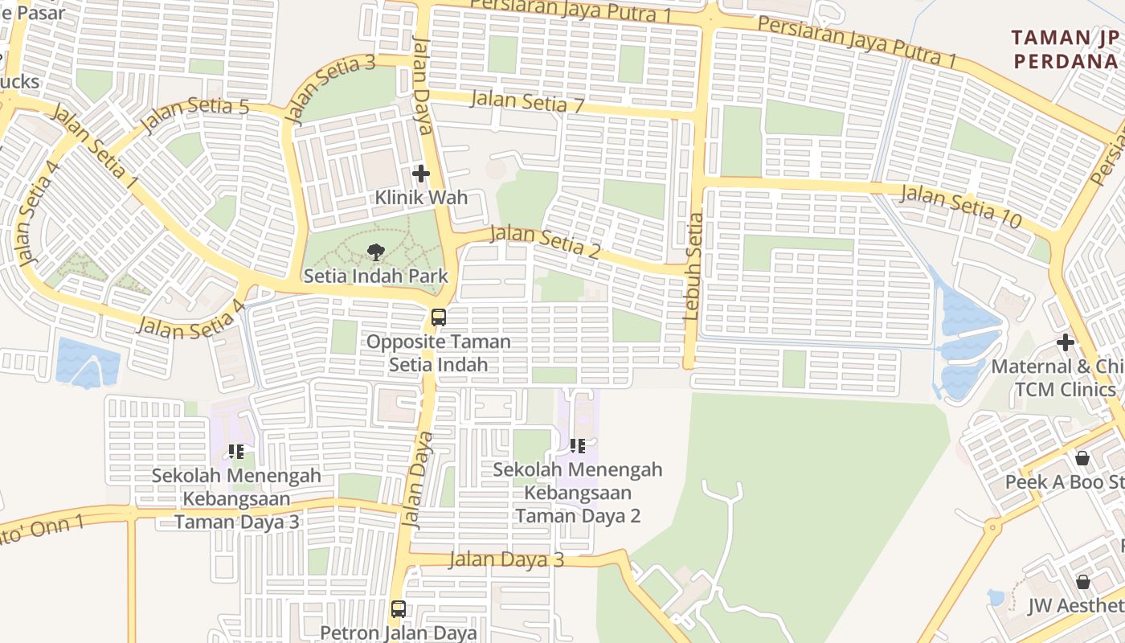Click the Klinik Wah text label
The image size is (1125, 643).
click(x=421, y=198)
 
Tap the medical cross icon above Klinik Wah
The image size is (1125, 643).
click(x=421, y=174)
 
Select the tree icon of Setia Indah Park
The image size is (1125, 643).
click(x=375, y=252)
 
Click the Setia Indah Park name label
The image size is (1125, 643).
click(x=375, y=276)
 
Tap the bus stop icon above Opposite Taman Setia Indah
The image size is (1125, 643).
click(x=438, y=317)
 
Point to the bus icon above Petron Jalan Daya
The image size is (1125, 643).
click(x=399, y=609)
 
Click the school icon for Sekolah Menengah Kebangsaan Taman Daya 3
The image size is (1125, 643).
click(x=236, y=452)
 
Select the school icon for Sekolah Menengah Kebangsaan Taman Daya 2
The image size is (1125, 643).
click(x=577, y=446)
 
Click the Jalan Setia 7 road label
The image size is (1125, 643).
click(x=527, y=102)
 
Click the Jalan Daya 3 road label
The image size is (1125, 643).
click(x=506, y=559)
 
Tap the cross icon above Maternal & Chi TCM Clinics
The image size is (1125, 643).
click(x=1066, y=343)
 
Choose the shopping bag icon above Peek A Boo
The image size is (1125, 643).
click(x=1082, y=459)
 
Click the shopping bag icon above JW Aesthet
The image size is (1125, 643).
click(x=1083, y=582)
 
